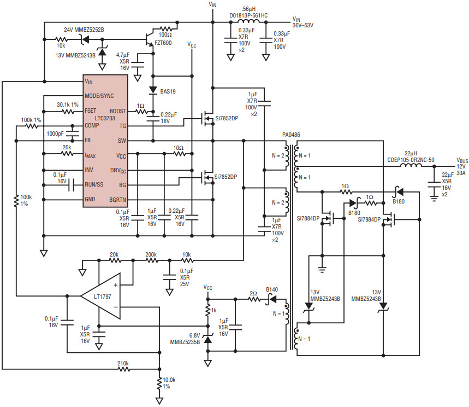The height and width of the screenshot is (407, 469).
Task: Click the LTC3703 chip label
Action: click(105, 118)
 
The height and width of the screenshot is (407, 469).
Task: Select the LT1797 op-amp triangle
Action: click(100, 296)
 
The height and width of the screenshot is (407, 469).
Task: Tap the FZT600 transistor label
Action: click(163, 43)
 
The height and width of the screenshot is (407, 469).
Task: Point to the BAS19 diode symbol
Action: click(153, 90)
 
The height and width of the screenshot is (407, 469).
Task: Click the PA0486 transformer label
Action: click(291, 135)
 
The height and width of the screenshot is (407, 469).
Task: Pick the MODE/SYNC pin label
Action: click(99, 96)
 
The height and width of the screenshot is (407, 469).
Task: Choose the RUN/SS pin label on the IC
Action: click(94, 184)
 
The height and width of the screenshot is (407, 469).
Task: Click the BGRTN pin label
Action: click(117, 200)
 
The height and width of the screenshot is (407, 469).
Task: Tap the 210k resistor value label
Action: click(123, 364)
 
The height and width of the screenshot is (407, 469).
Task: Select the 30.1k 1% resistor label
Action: click(68, 104)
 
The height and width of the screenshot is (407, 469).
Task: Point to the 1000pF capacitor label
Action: click(55, 133)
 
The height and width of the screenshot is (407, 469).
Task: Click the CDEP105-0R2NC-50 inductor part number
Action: click(411, 160)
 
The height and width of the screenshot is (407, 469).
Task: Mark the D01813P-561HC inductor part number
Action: click(248, 15)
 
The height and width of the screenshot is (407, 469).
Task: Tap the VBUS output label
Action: click(462, 161)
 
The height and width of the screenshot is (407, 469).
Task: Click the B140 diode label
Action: click(272, 289)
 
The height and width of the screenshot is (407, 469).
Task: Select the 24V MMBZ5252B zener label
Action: click(84, 30)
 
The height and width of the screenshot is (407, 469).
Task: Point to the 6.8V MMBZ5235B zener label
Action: click(185, 339)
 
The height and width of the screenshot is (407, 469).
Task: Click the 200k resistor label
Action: click(151, 255)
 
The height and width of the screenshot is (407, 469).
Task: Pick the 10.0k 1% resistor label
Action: click(169, 383)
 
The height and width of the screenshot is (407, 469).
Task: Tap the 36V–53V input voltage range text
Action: click(302, 26)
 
